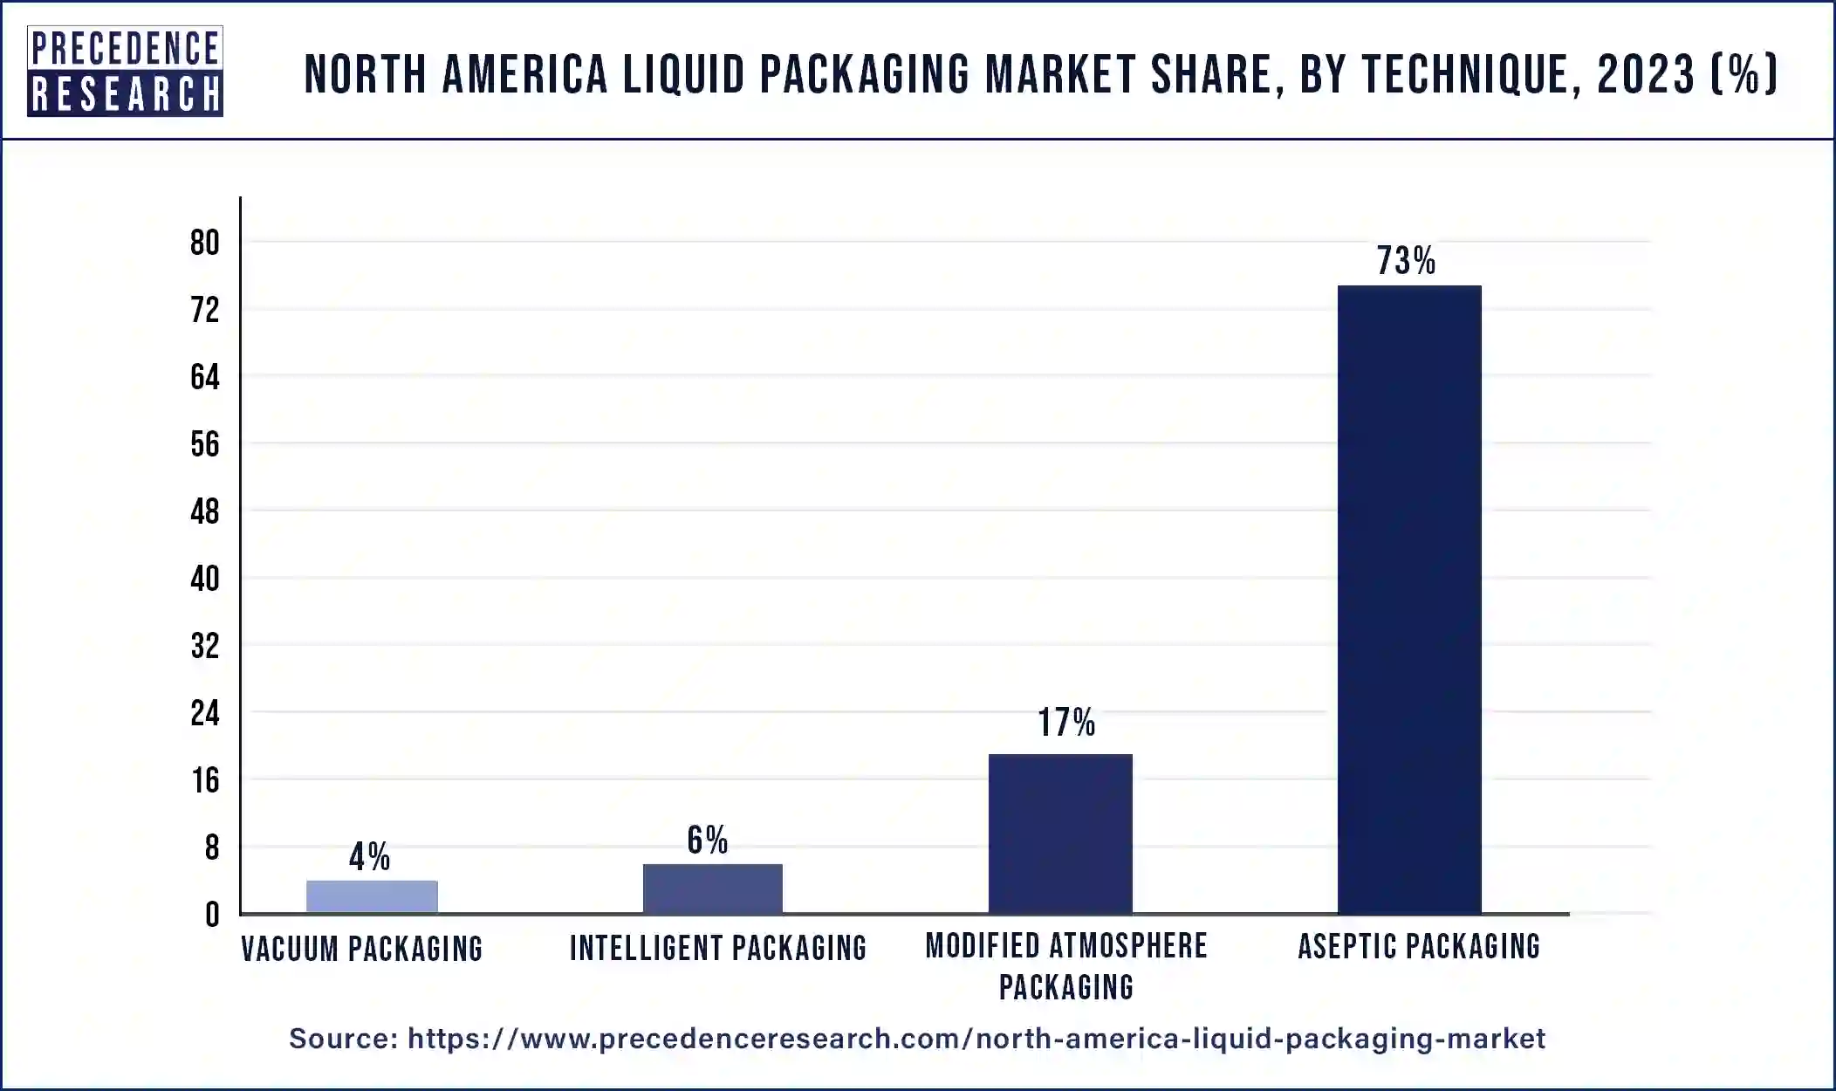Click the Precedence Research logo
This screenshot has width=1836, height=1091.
tap(125, 71)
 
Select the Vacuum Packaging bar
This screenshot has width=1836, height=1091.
tap(372, 896)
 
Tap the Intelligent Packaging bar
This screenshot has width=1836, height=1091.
tap(712, 889)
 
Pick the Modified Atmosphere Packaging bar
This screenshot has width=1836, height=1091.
tap(1060, 834)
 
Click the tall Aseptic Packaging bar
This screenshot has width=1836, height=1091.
tap(1408, 599)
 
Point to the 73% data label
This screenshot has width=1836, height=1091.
tap(1406, 261)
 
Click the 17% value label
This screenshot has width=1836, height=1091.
tap(1065, 723)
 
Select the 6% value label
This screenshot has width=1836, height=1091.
tap(707, 840)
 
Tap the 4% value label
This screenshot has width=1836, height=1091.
tap(369, 856)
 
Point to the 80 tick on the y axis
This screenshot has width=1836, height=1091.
tap(205, 243)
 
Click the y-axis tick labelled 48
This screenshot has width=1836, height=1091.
tap(205, 511)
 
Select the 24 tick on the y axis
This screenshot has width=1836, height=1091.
tap(205, 713)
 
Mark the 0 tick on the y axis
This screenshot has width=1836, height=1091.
tap(212, 915)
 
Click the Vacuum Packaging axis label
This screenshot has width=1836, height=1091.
tap(361, 949)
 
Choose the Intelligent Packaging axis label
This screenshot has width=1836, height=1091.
tap(717, 948)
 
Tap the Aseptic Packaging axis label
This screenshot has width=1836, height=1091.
tap(1419, 946)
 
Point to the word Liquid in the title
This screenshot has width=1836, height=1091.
tap(683, 74)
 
